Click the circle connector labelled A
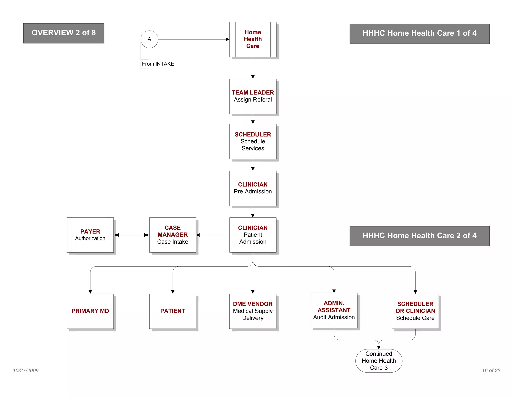[x=149, y=39]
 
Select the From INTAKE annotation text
[x=158, y=64]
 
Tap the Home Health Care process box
[x=253, y=39]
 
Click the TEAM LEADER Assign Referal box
[x=253, y=96]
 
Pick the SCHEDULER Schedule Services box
[x=253, y=142]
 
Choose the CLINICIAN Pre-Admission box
[x=253, y=188]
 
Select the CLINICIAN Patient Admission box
[x=253, y=235]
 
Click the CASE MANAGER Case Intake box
[x=173, y=235]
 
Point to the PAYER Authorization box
[x=90, y=235]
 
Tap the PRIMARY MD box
[x=90, y=311]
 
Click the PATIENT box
[x=173, y=311]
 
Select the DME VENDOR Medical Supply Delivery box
[x=253, y=311]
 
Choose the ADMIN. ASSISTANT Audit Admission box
[x=334, y=310]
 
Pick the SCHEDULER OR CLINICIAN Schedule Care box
[x=415, y=311]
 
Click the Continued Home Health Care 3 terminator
[x=379, y=361]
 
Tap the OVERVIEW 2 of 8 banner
[x=64, y=33]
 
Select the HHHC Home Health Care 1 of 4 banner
[x=420, y=34]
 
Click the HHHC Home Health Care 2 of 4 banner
[x=420, y=236]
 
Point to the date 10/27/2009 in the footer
[x=26, y=371]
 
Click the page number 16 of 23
[x=491, y=371]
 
